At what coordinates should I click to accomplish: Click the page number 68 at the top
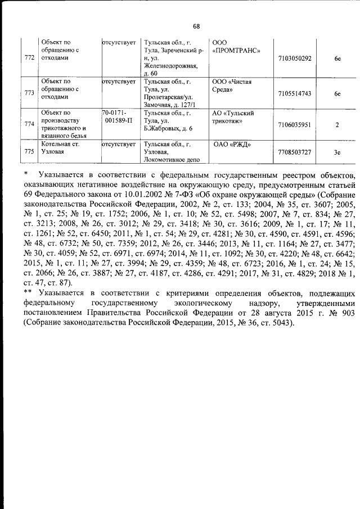pos(196,26)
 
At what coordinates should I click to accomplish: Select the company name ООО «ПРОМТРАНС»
pos(236,46)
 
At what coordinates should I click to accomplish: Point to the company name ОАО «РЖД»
pos(232,145)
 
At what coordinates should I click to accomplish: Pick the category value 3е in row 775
pos(336,152)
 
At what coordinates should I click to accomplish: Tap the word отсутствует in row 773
pos(119,82)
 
